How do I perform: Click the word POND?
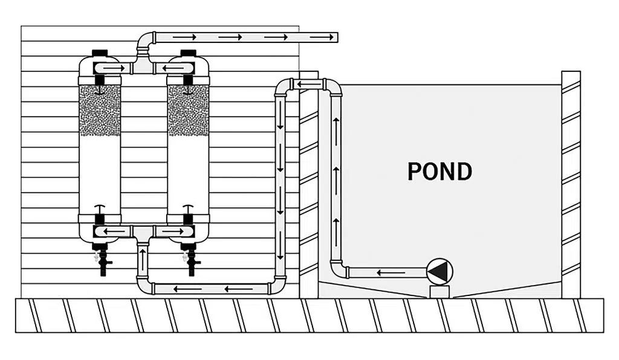(439, 172)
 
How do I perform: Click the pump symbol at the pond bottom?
(439, 272)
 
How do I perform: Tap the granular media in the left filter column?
(100, 110)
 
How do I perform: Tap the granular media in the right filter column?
(188, 110)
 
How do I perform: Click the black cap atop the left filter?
(99, 54)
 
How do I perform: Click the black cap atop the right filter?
(188, 54)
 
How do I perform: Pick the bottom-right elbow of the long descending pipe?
(279, 284)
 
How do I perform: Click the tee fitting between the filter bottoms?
(143, 233)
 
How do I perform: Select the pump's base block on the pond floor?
(439, 292)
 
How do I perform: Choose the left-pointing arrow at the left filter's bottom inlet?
(111, 231)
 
